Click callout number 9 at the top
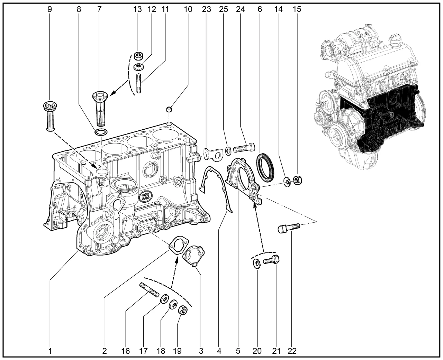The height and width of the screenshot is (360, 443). pos(50,9)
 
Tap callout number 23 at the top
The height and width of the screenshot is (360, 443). pos(207,9)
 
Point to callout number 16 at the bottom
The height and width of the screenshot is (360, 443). pos(126,351)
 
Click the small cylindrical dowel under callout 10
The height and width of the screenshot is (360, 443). pos(170,110)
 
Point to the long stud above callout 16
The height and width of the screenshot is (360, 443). pos(149,290)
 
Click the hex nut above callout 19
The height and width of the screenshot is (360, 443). pos(183,310)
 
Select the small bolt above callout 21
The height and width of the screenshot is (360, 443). pos(272,260)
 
